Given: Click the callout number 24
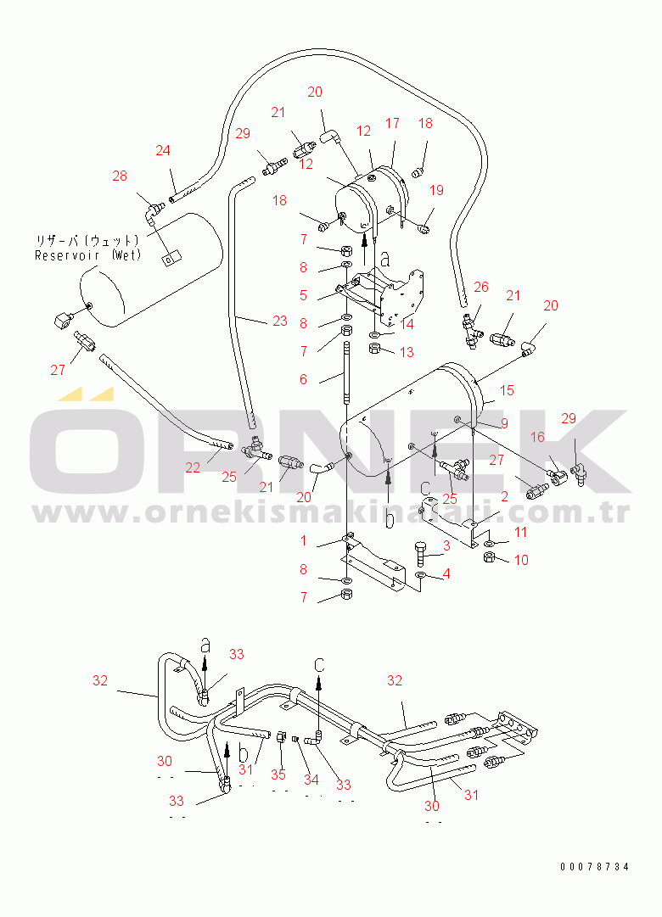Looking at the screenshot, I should tap(162, 151).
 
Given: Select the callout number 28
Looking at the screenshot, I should tap(120, 176).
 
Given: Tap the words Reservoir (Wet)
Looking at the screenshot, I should tap(87, 255).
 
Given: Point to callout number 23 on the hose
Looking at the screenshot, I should tap(280, 322).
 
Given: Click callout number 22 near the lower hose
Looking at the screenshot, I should tap(194, 467).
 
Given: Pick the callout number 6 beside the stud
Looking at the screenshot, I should tap(303, 379).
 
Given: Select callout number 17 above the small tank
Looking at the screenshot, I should tap(392, 123).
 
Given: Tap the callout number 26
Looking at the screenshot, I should tap(480, 288).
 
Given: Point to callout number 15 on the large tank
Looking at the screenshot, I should tap(507, 390).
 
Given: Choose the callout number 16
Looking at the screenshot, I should tap(537, 437).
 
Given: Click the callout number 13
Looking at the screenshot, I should tap(407, 352).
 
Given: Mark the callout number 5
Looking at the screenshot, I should tap(303, 295).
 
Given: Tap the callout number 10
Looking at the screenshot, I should tap(520, 560).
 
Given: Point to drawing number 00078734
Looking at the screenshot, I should tap(594, 866).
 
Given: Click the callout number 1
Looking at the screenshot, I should tap(303, 540).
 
